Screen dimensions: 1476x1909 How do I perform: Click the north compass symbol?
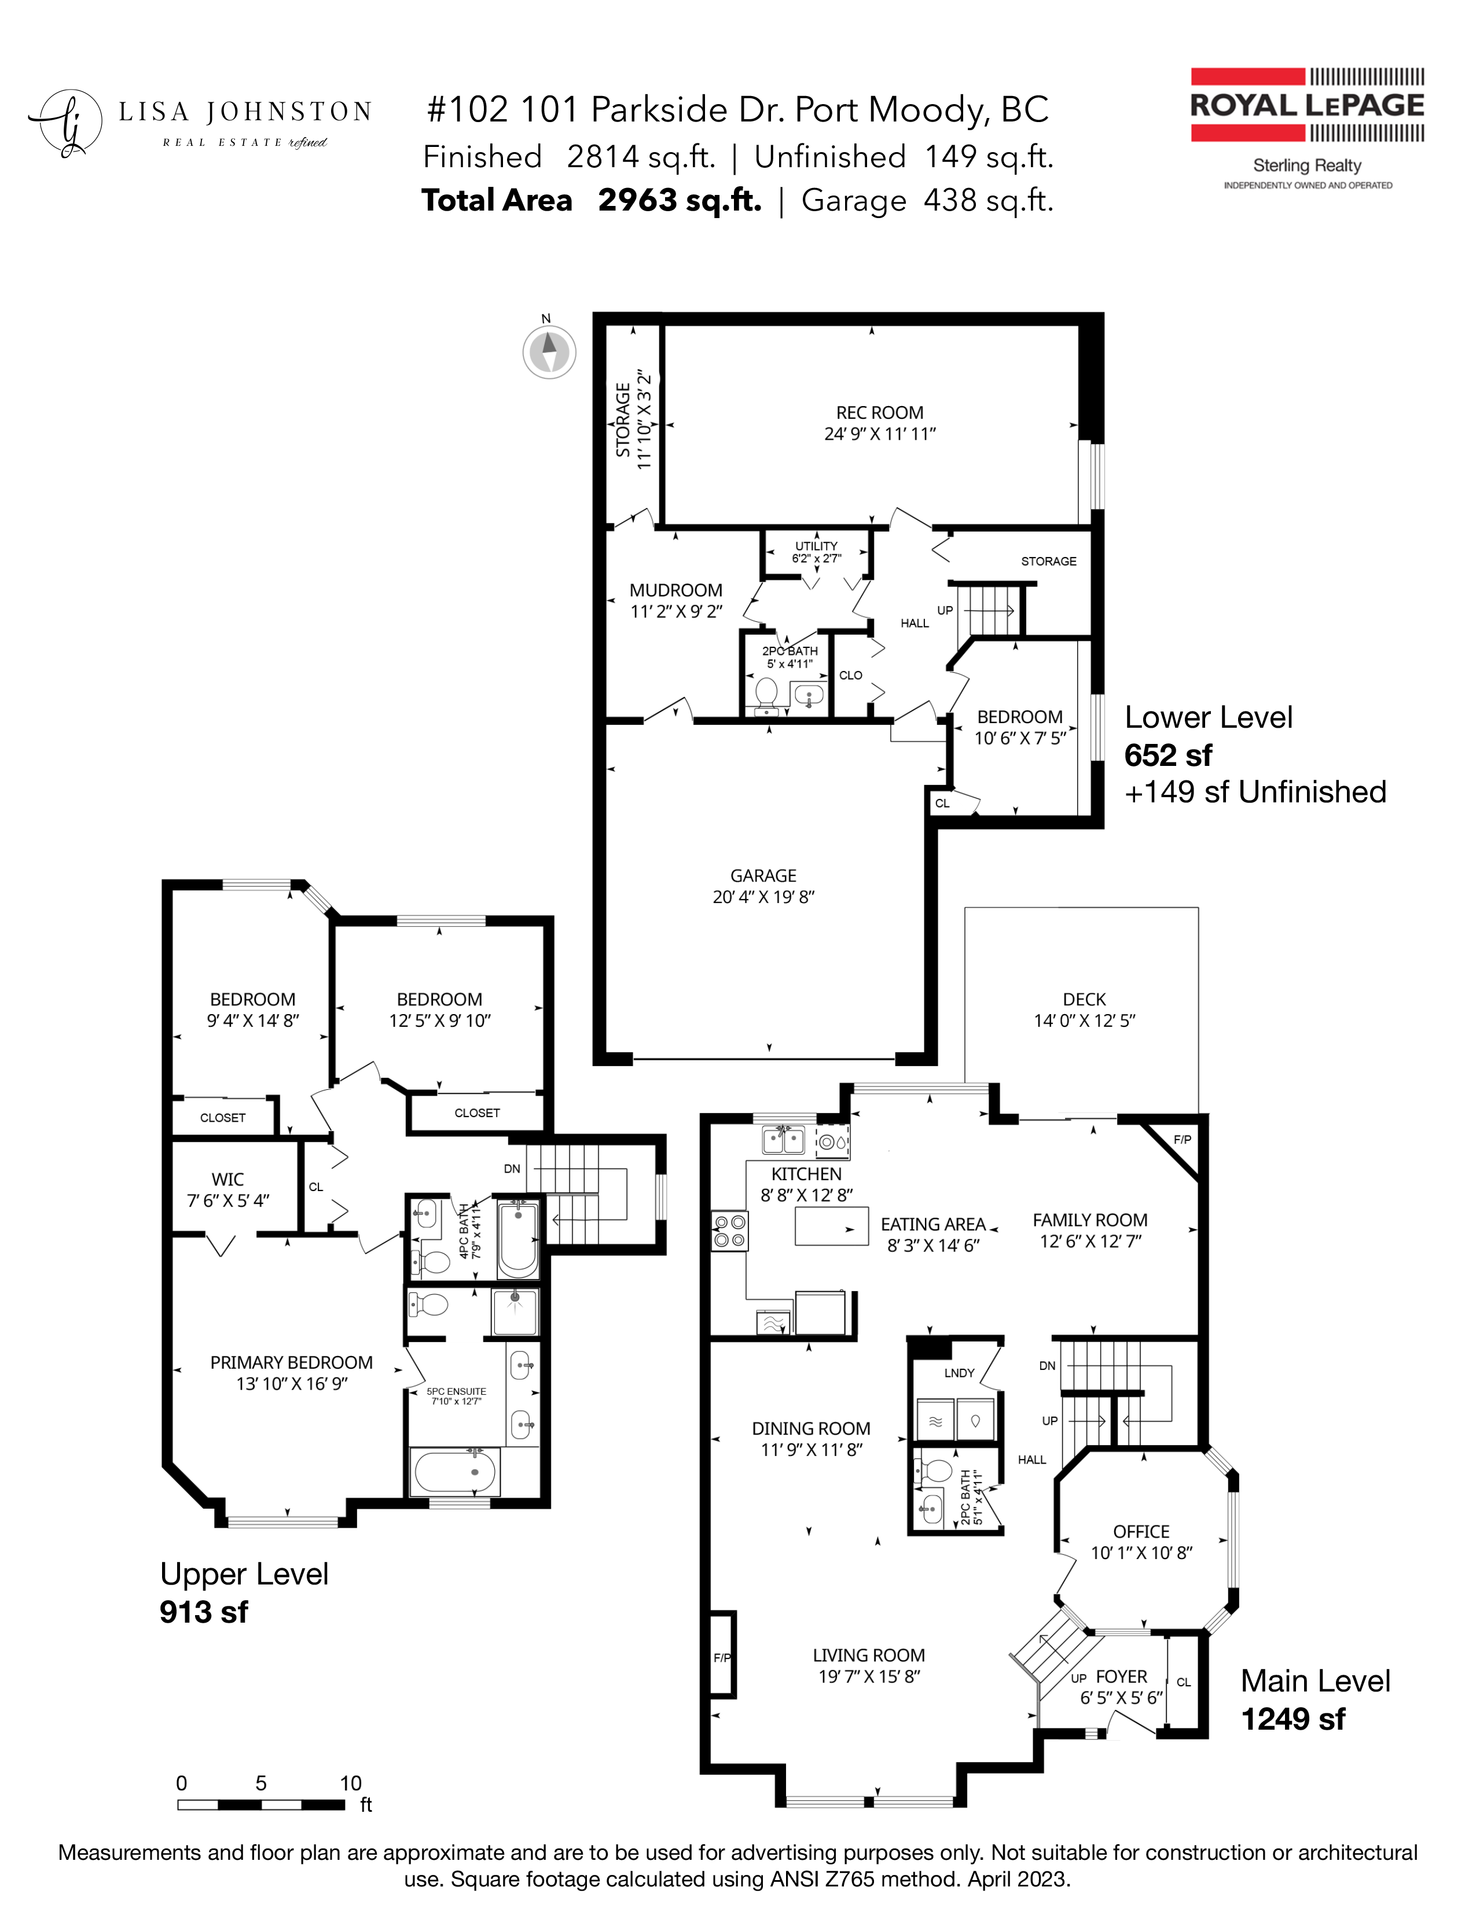click(x=549, y=351)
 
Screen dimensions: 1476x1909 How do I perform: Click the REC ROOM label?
click(x=880, y=412)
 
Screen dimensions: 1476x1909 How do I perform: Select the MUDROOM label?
click(x=676, y=591)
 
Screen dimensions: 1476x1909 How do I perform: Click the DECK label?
click(x=1084, y=999)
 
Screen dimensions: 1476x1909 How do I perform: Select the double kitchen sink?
click(x=784, y=1140)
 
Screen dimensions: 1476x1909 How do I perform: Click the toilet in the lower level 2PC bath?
click(x=766, y=696)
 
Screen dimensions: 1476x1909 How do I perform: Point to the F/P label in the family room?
click(x=1182, y=1139)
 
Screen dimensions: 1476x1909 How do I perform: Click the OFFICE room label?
click(x=1141, y=1531)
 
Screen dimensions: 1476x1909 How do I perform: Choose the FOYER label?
click(x=1121, y=1676)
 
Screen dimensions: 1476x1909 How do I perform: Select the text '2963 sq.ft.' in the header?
click(x=680, y=200)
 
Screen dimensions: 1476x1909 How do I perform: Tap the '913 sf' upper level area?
click(x=204, y=1611)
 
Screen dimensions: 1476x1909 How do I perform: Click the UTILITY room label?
click(x=816, y=546)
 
